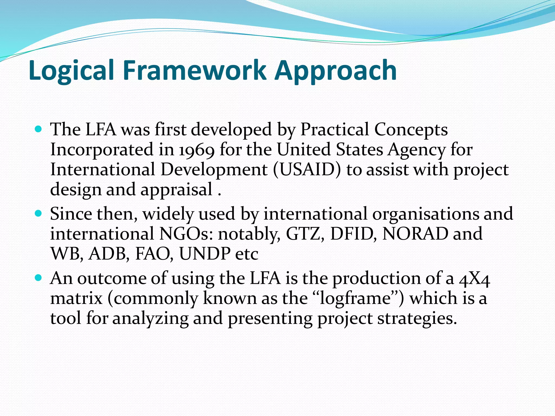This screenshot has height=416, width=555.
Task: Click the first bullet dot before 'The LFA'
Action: coord(38,129)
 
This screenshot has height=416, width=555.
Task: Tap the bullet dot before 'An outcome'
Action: coord(38,278)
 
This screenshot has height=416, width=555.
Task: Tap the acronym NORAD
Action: coord(415,234)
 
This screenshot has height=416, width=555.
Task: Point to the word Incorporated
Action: coord(102,150)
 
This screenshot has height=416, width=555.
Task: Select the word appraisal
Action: coord(176,190)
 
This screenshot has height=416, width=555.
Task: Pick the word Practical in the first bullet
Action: coord(335,130)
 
